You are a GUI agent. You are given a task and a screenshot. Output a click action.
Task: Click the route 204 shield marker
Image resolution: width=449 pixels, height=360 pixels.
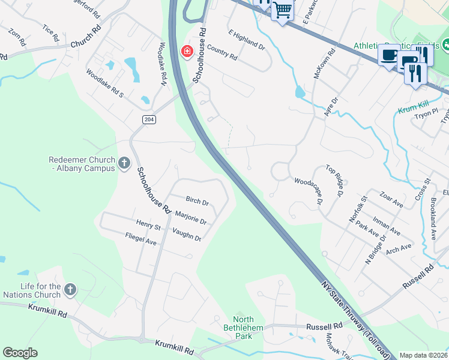pos(149,119)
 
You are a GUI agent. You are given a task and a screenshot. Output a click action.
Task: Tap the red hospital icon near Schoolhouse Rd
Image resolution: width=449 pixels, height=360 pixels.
pos(187,52)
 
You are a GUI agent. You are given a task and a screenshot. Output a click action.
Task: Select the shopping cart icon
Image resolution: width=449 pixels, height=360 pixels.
pos(282,10)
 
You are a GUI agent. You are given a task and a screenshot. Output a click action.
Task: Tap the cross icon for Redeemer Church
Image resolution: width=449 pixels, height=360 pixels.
pos(124,163)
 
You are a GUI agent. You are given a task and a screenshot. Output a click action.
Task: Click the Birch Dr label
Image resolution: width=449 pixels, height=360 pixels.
pos(197,202)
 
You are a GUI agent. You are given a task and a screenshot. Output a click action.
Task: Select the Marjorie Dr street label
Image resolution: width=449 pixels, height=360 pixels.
pos(190,218)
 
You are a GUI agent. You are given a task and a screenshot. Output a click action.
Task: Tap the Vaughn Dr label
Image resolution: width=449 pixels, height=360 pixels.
pos(187,234)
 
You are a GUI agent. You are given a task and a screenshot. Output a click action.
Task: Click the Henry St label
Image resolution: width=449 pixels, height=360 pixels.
pos(148,226)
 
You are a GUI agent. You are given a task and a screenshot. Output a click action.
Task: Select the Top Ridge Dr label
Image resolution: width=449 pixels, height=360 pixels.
pos(335,181)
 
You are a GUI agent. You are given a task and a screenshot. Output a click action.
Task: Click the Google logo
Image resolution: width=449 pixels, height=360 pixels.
pos(20,353)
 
